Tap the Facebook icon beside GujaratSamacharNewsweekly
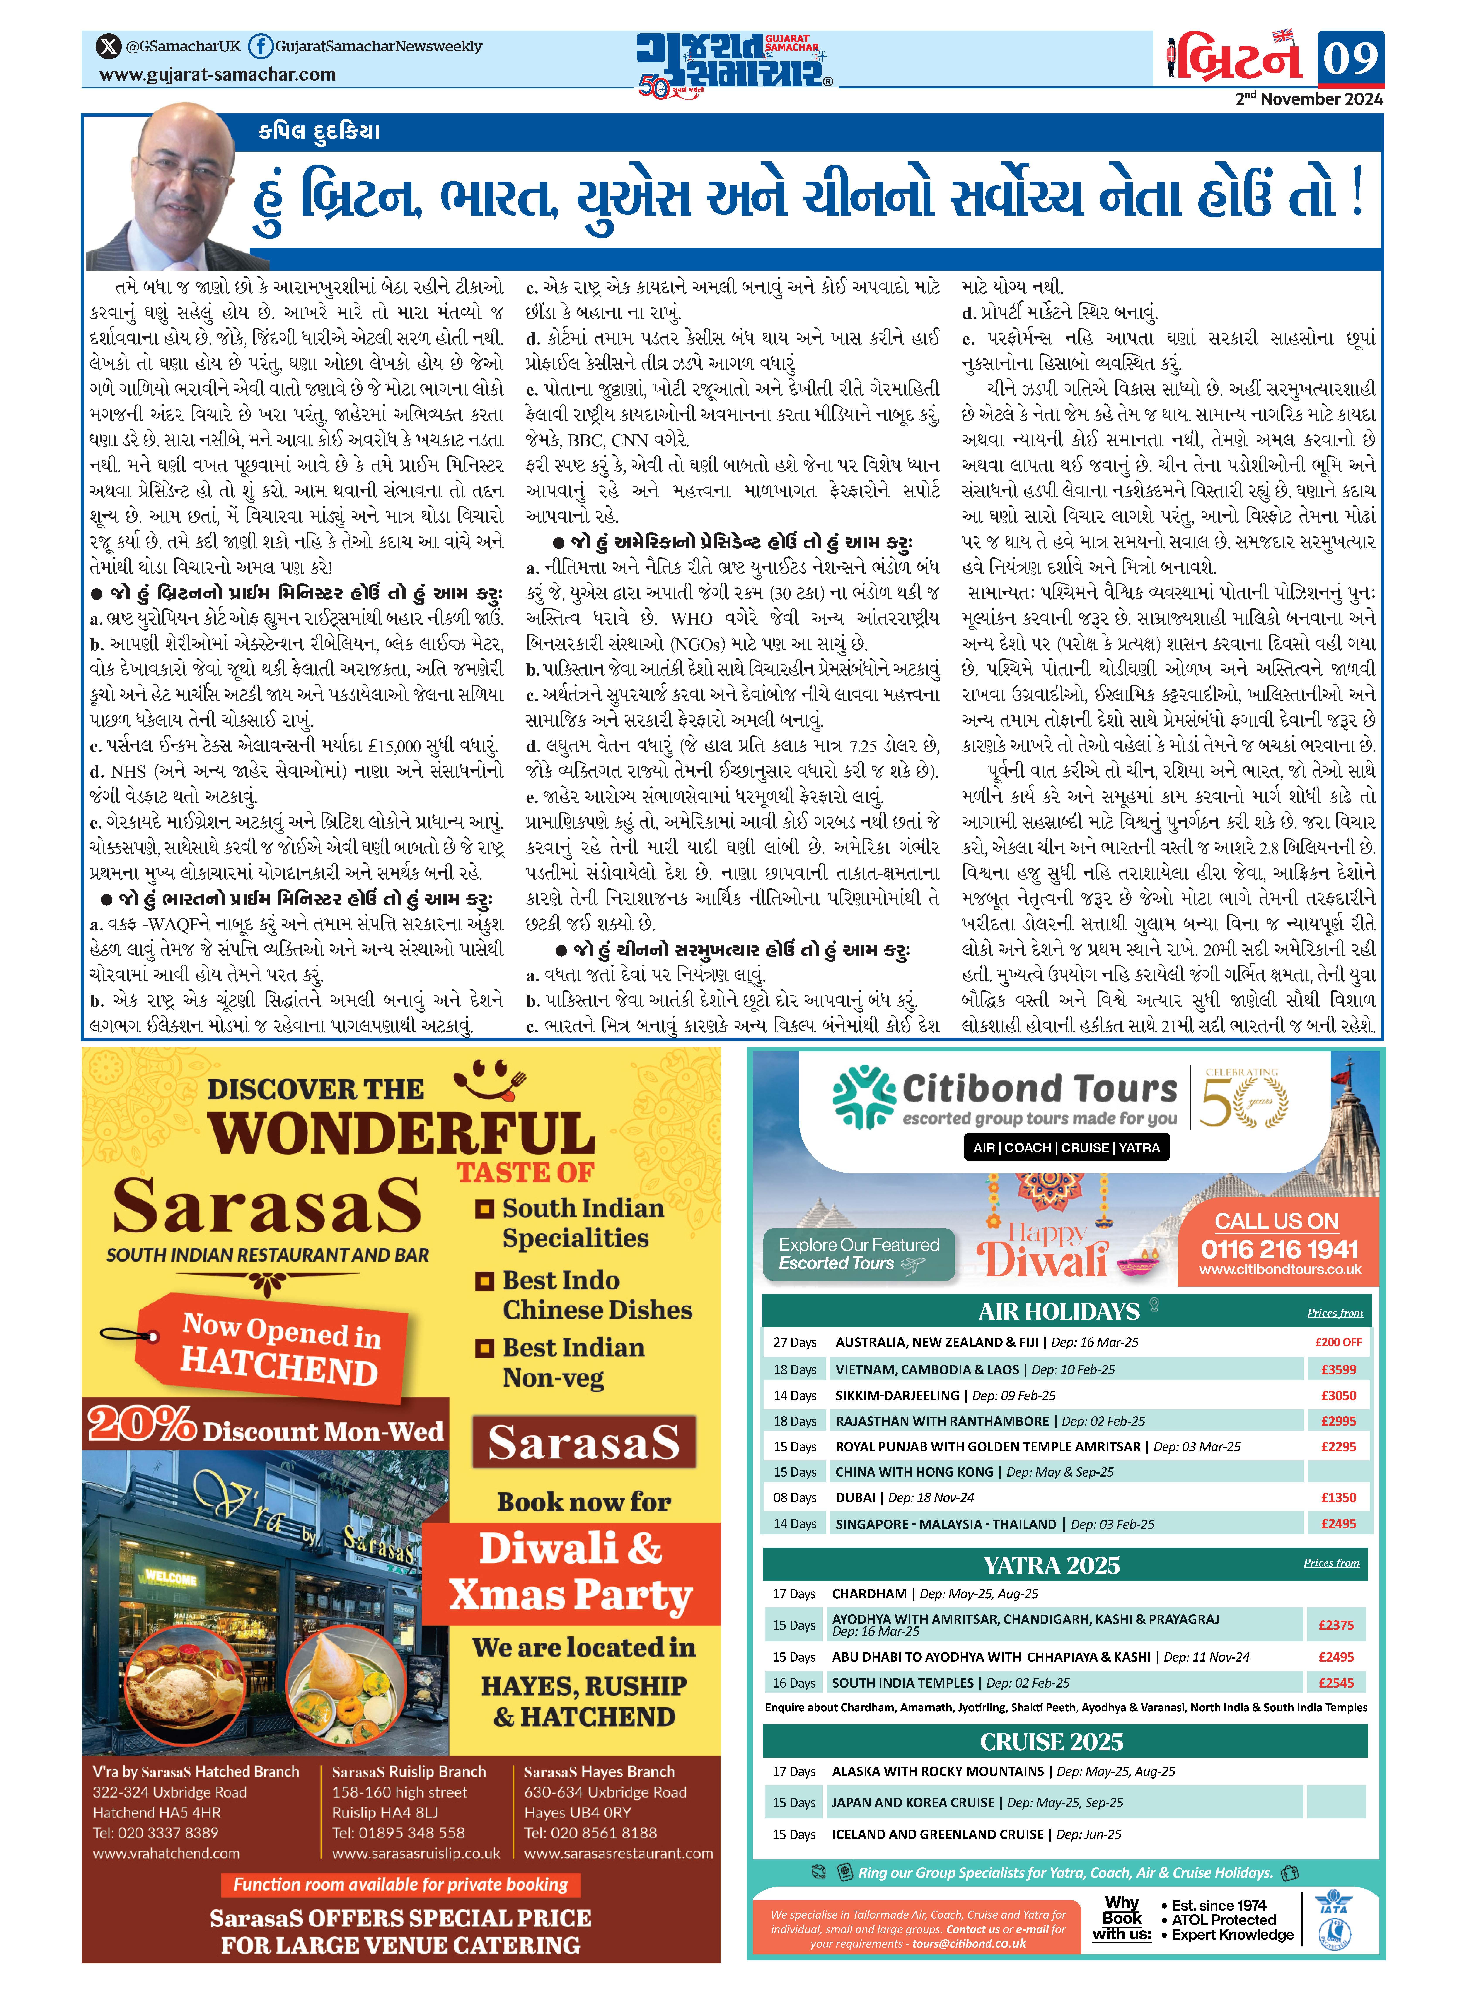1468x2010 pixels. pos(259,46)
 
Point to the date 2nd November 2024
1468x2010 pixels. pos(1308,99)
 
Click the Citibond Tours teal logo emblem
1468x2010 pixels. pos(864,1098)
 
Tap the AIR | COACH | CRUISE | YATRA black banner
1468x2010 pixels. pos(1066,1148)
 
